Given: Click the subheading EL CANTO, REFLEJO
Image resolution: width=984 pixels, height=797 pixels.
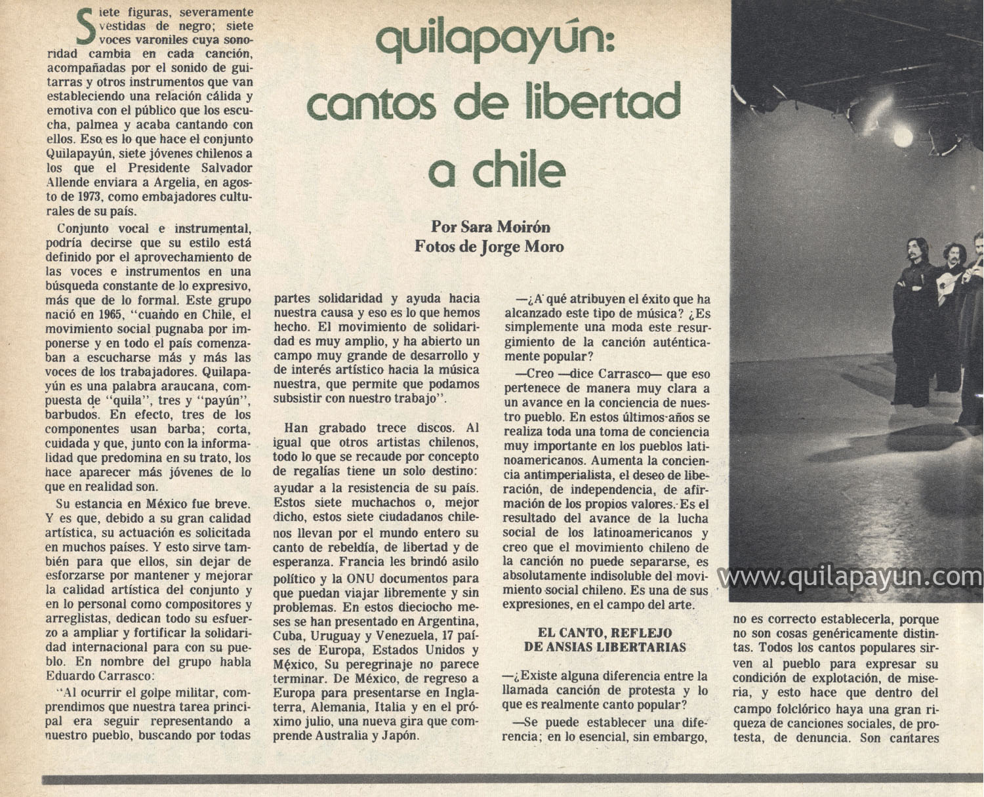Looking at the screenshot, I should (x=604, y=633).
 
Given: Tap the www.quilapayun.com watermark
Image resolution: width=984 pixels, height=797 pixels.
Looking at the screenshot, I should (x=851, y=578).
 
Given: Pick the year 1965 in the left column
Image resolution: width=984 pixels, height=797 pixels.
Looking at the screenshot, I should (x=105, y=314).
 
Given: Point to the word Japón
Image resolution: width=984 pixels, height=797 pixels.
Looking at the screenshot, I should (x=399, y=736).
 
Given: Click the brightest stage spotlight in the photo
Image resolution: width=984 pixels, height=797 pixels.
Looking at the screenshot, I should (x=903, y=137).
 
